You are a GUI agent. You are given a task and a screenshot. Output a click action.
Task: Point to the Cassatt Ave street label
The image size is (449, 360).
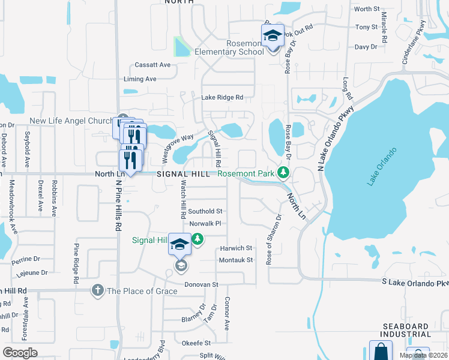pyautogui.click(x=153, y=65)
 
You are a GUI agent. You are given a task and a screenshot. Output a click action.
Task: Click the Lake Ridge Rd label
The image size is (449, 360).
pyautogui.click(x=222, y=97)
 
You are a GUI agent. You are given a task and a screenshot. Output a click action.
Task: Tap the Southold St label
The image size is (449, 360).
pyautogui.click(x=205, y=211)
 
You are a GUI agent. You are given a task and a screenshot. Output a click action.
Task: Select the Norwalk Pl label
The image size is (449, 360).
pyautogui.click(x=205, y=224)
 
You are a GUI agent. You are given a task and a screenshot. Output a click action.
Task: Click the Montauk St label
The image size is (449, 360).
pyautogui.click(x=236, y=260)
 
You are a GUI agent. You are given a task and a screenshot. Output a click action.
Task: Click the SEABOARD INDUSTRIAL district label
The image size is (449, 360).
pyautogui.click(x=406, y=330)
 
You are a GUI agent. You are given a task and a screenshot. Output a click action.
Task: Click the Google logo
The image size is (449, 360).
pyautogui.click(x=20, y=353)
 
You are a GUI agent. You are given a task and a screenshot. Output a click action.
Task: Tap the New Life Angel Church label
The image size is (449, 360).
pyautogui.click(x=71, y=121)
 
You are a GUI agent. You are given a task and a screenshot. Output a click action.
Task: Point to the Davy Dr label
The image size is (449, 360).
pyautogui.click(x=366, y=46)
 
